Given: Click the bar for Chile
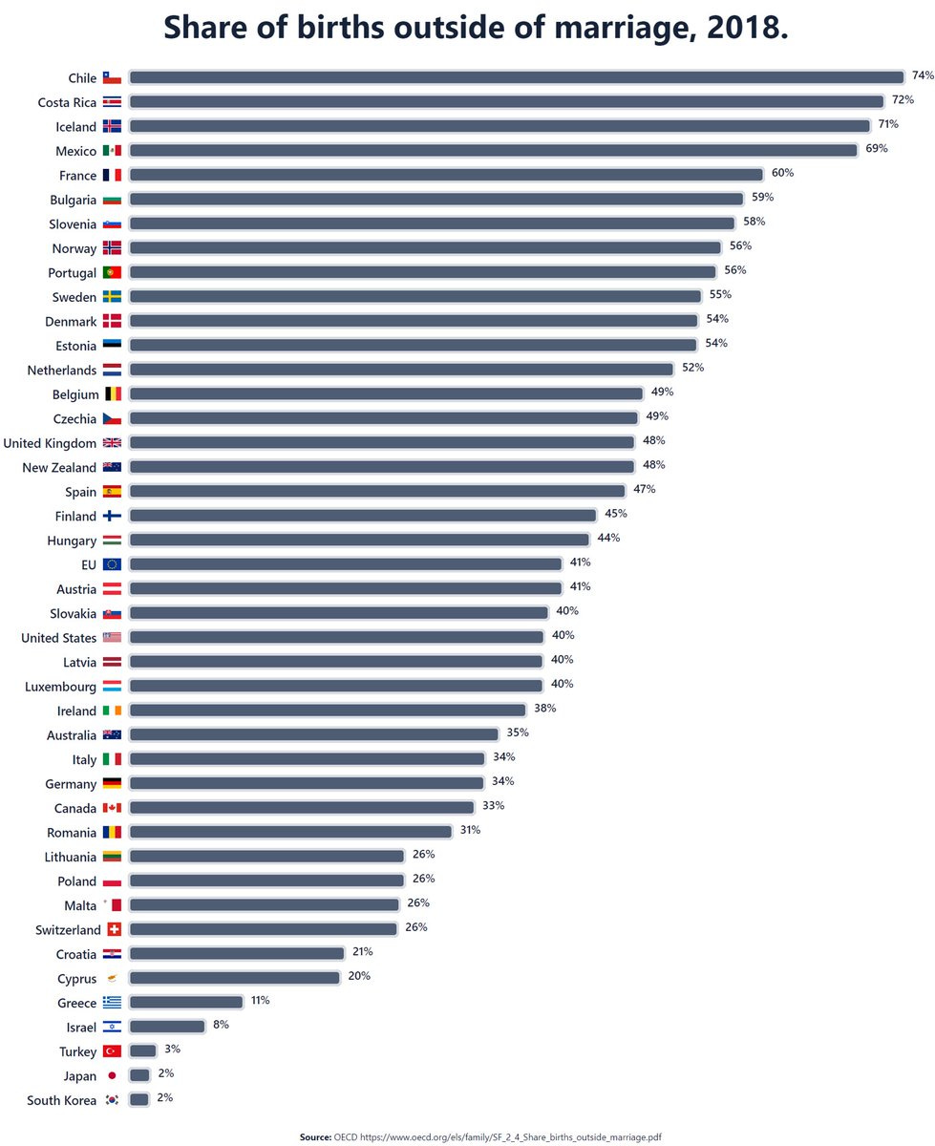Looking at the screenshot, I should click(516, 77).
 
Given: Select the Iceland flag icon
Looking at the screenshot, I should click(112, 126).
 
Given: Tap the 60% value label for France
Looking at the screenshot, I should click(782, 173).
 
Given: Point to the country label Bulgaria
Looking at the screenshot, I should click(73, 201).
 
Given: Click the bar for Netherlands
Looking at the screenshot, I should click(401, 370).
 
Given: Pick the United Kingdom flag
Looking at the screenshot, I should click(112, 443).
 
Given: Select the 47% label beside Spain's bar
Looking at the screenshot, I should click(645, 489).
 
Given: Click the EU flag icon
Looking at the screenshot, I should click(112, 564).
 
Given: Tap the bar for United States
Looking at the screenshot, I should click(336, 637).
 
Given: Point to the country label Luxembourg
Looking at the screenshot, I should click(60, 687).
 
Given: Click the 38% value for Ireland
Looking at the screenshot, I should click(545, 709).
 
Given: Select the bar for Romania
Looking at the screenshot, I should click(290, 832).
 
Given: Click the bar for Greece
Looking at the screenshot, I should click(185, 1002).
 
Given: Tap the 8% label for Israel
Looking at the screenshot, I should click(221, 1025).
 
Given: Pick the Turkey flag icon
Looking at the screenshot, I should click(112, 1051).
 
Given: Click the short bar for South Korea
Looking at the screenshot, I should click(139, 1099).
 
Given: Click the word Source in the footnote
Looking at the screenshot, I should click(315, 1137).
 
